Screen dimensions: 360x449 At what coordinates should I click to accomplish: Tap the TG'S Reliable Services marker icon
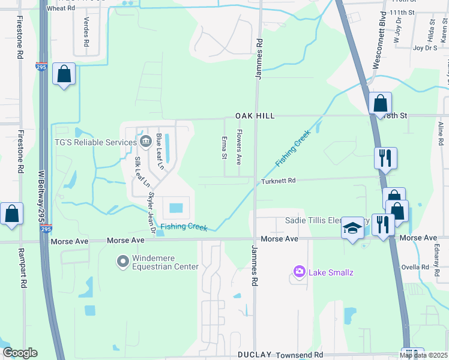(146, 142)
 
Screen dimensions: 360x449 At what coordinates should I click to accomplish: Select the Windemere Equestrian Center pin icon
(123, 262)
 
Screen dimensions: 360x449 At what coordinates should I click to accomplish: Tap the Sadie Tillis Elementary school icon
(353, 228)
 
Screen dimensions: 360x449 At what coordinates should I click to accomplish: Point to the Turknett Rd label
(279, 180)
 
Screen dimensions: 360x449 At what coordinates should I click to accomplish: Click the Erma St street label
(224, 147)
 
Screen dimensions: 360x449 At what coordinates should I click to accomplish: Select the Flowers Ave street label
(238, 147)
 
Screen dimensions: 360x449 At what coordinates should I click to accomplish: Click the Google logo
(19, 353)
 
